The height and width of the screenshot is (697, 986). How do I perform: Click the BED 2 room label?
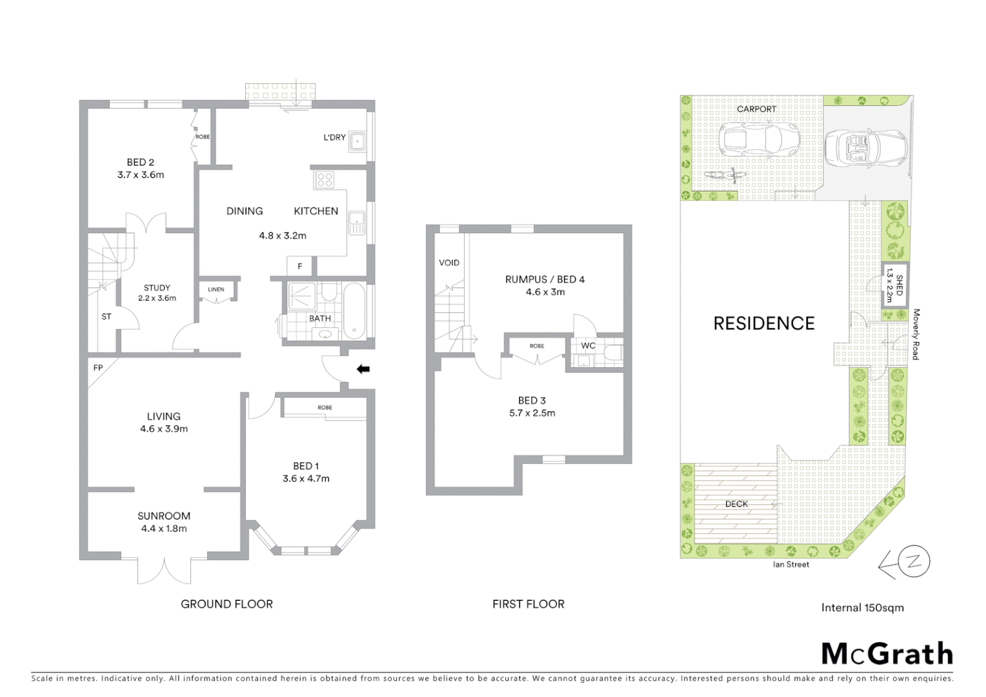tap(140, 163)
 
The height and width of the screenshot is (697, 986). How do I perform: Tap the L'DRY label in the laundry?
tap(334, 137)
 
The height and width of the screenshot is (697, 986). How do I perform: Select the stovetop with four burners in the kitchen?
tap(324, 180)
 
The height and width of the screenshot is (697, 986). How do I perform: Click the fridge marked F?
tap(299, 266)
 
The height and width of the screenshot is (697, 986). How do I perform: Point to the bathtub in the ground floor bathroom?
tap(353, 312)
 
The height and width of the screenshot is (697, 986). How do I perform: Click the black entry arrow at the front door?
tap(363, 369)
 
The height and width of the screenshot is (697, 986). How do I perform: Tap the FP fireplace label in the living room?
tap(98, 368)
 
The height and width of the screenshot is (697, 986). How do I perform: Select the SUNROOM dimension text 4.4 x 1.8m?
tap(164, 529)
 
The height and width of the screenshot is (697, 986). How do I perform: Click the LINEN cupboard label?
tap(216, 289)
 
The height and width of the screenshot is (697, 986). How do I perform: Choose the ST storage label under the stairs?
tap(106, 316)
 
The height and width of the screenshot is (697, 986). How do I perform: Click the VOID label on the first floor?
tap(449, 263)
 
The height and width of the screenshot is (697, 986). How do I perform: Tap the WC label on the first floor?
tap(588, 346)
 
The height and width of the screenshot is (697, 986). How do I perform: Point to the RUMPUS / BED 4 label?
tap(545, 279)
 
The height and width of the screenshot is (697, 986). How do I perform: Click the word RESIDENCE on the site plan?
tap(764, 323)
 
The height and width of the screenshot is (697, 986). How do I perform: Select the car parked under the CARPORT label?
tap(759, 138)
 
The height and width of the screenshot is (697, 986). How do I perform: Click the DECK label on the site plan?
tap(736, 503)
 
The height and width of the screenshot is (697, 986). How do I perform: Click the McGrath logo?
tap(887, 654)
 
